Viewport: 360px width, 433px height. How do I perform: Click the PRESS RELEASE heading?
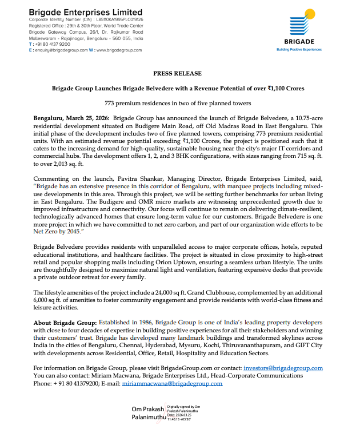(x=177, y=74)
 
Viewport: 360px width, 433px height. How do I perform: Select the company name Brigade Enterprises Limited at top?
(x=85, y=11)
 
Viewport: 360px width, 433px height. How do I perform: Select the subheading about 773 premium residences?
(x=177, y=103)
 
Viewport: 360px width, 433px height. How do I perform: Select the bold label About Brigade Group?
(x=65, y=323)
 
